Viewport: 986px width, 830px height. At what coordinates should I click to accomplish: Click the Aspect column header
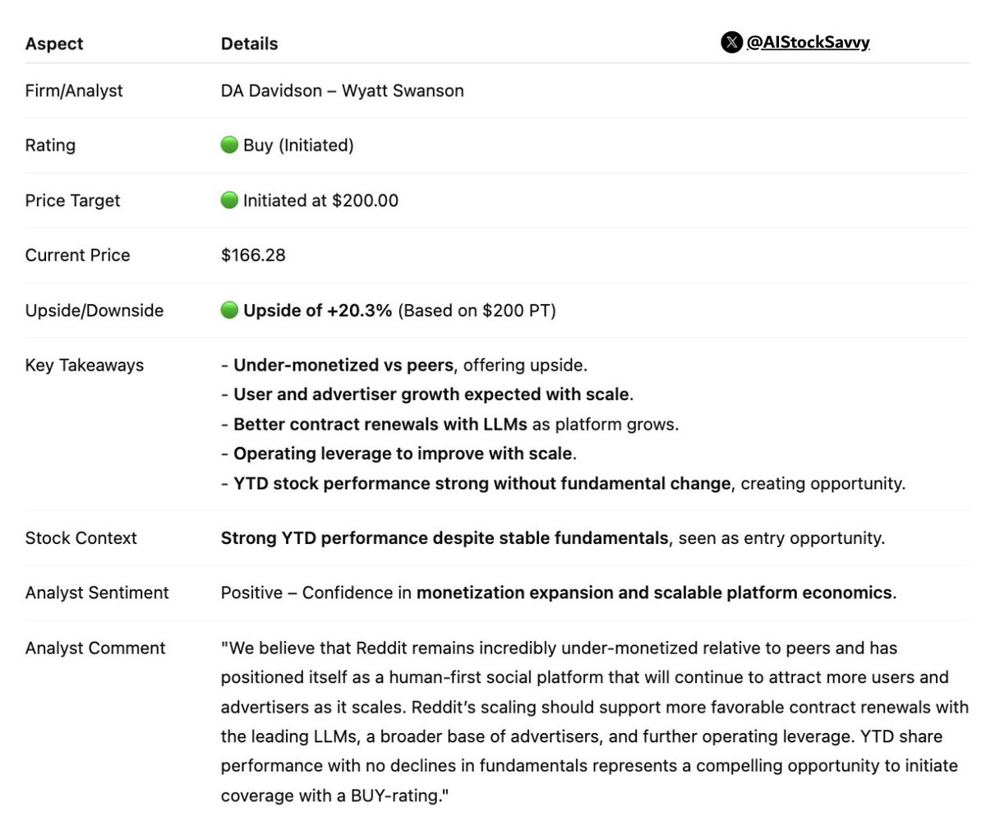(54, 44)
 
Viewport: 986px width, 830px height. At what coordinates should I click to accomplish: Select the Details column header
(249, 44)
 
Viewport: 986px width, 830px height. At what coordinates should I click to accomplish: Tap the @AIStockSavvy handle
(808, 43)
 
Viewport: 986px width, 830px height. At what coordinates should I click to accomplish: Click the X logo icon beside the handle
(731, 43)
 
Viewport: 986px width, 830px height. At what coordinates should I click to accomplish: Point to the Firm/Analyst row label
(74, 90)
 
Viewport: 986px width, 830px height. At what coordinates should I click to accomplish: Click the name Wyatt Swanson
(403, 90)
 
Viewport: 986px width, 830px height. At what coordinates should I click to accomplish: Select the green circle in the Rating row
(229, 145)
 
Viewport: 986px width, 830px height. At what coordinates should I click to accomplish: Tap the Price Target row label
(72, 201)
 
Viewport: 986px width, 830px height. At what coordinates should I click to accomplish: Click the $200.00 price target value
(365, 201)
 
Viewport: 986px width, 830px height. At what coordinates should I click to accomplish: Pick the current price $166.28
(253, 256)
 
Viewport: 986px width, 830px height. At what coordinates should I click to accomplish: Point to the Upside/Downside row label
(94, 311)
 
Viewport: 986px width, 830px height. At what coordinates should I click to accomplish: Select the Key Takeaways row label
(85, 366)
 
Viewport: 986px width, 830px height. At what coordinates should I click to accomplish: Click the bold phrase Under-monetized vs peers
(343, 366)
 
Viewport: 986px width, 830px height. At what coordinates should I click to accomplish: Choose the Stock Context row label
(81, 538)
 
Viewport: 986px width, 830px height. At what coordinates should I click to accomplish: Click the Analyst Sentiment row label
(97, 593)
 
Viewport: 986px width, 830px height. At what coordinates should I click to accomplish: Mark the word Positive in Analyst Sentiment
(251, 593)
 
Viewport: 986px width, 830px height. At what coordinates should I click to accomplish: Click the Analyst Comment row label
(95, 648)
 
